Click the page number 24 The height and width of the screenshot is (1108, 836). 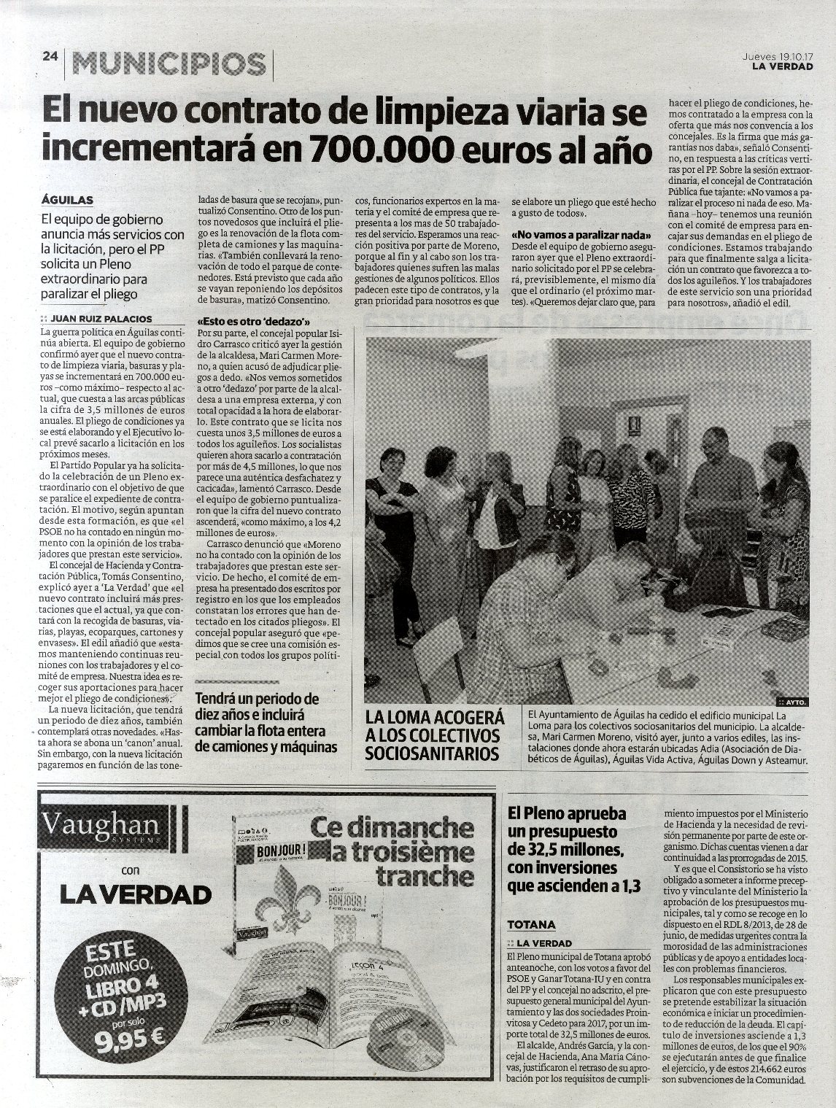(x=50, y=59)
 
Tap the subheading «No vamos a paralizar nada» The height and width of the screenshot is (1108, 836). (x=581, y=235)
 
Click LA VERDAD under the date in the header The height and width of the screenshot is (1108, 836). (x=783, y=67)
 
